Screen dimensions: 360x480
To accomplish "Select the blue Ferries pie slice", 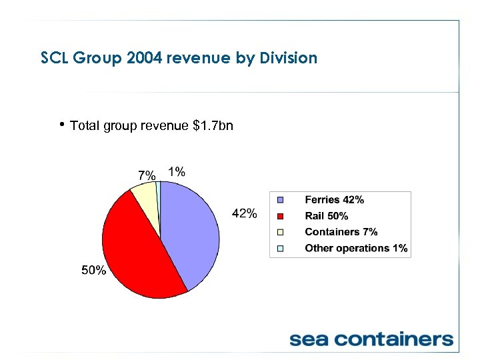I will [x=190, y=233].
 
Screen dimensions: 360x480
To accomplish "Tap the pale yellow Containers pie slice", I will [x=146, y=203].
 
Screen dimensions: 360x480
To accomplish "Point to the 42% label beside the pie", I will [x=244, y=213].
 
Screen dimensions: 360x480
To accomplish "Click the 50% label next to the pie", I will [x=94, y=270].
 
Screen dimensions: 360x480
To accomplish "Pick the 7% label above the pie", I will [x=146, y=175].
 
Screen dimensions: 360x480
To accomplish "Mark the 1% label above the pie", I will [x=177, y=171].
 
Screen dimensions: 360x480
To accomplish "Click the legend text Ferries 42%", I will [x=334, y=200].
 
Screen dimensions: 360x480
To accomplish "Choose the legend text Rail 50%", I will [x=326, y=216].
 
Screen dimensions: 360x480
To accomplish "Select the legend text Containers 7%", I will [x=341, y=232].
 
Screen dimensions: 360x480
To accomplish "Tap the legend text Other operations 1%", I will [x=356, y=248].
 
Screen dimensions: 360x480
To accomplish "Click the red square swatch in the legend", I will [x=281, y=216].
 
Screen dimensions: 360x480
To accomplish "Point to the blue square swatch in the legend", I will [x=281, y=200].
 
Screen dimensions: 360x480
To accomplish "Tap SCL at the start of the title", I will [x=54, y=58].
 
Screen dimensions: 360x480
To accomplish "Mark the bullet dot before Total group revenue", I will [x=62, y=124].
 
